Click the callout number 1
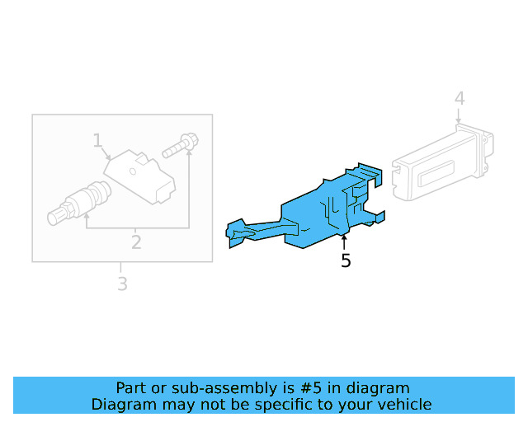[x=97, y=140]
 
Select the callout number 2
[x=136, y=241]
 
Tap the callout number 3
[x=121, y=284]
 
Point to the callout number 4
[x=460, y=99]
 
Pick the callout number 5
[x=346, y=260]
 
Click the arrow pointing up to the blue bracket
[x=345, y=241]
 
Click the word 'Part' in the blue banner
[x=130, y=388]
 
